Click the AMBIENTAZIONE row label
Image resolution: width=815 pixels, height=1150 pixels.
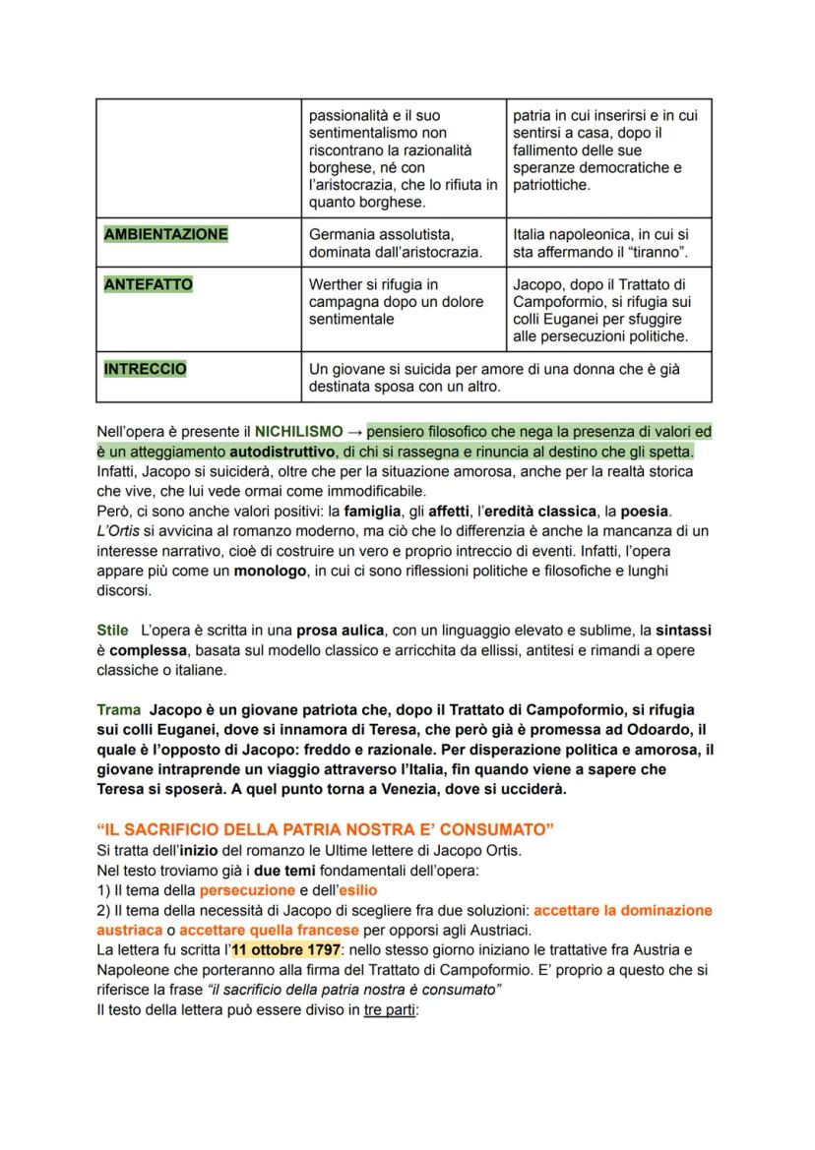pos(165,234)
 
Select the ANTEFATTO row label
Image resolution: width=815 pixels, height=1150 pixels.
pos(148,284)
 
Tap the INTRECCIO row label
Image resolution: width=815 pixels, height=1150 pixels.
pos(145,369)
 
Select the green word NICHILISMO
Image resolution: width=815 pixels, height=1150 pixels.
pos(299,431)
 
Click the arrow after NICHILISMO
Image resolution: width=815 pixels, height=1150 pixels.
pos(354,431)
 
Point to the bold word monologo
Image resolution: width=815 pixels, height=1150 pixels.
pos(272,571)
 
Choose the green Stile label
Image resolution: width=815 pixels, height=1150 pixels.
pos(112,630)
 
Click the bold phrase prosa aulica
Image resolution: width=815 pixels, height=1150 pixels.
pos(340,630)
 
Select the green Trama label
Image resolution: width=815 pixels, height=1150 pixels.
pos(118,709)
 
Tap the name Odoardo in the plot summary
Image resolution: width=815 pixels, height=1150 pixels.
pos(656,729)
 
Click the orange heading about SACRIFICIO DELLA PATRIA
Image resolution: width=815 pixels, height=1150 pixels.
pos(325,829)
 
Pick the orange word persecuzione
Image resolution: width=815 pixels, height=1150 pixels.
pos(247,889)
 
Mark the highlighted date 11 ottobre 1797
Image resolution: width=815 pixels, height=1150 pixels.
pos(286,949)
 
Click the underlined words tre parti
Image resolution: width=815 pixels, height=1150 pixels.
pos(391,1009)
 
